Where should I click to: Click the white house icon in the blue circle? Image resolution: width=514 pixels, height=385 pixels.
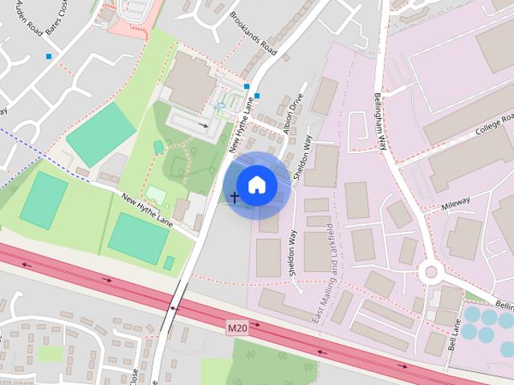point(256,184)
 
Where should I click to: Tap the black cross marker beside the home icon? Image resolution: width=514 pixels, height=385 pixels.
point(235,197)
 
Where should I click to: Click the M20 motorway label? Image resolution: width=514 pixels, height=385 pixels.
point(237,328)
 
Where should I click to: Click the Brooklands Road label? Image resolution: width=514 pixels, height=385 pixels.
point(253,34)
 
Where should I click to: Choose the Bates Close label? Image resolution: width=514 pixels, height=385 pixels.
point(56,16)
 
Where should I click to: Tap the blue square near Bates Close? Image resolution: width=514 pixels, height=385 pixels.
point(50,56)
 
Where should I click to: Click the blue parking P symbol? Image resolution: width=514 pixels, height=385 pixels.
point(221,107)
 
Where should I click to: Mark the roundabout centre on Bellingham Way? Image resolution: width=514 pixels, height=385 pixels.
point(431,272)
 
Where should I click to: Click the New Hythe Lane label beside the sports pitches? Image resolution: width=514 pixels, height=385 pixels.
point(147,209)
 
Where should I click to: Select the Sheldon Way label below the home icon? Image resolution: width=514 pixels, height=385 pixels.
point(292,253)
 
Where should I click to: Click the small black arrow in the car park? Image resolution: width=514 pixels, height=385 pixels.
point(204,125)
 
